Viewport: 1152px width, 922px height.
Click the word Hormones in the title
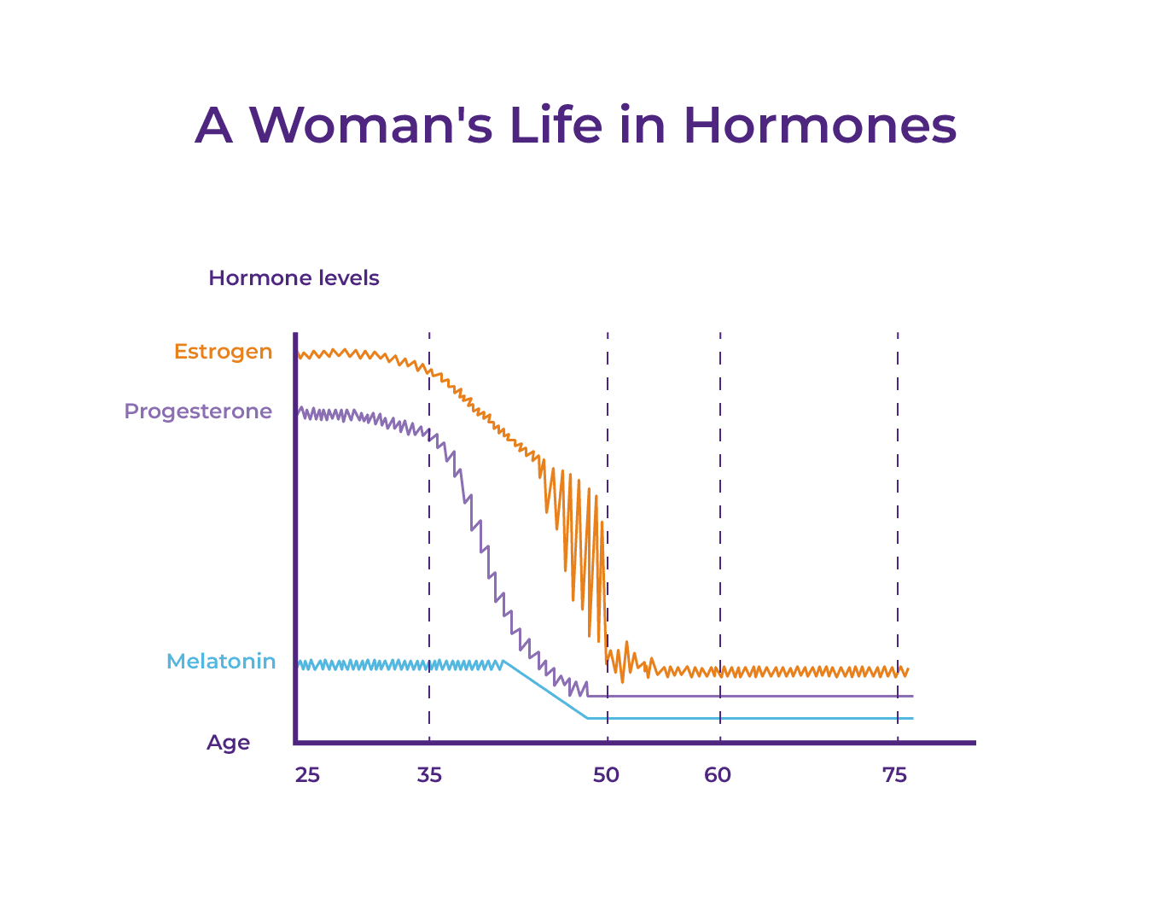[x=819, y=125]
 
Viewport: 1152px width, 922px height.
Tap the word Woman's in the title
[x=371, y=125]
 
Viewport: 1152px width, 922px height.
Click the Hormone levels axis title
[x=294, y=278]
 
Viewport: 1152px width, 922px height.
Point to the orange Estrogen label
[x=223, y=352]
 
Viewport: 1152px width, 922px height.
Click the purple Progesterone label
[x=198, y=411]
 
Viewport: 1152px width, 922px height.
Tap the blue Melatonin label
[x=221, y=662]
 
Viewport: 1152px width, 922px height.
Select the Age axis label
[x=228, y=743]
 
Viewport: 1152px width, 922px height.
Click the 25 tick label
[x=307, y=775]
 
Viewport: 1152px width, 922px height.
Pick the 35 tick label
[x=429, y=775]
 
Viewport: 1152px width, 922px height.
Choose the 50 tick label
[x=606, y=775]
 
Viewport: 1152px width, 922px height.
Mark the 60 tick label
[x=718, y=775]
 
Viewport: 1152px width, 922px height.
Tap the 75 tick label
[x=894, y=775]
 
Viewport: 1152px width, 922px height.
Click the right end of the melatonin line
[x=911, y=718]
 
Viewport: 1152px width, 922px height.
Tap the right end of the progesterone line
[x=911, y=696]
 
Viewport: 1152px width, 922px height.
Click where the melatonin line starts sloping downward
[x=504, y=661]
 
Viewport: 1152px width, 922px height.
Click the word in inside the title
[x=643, y=125]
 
